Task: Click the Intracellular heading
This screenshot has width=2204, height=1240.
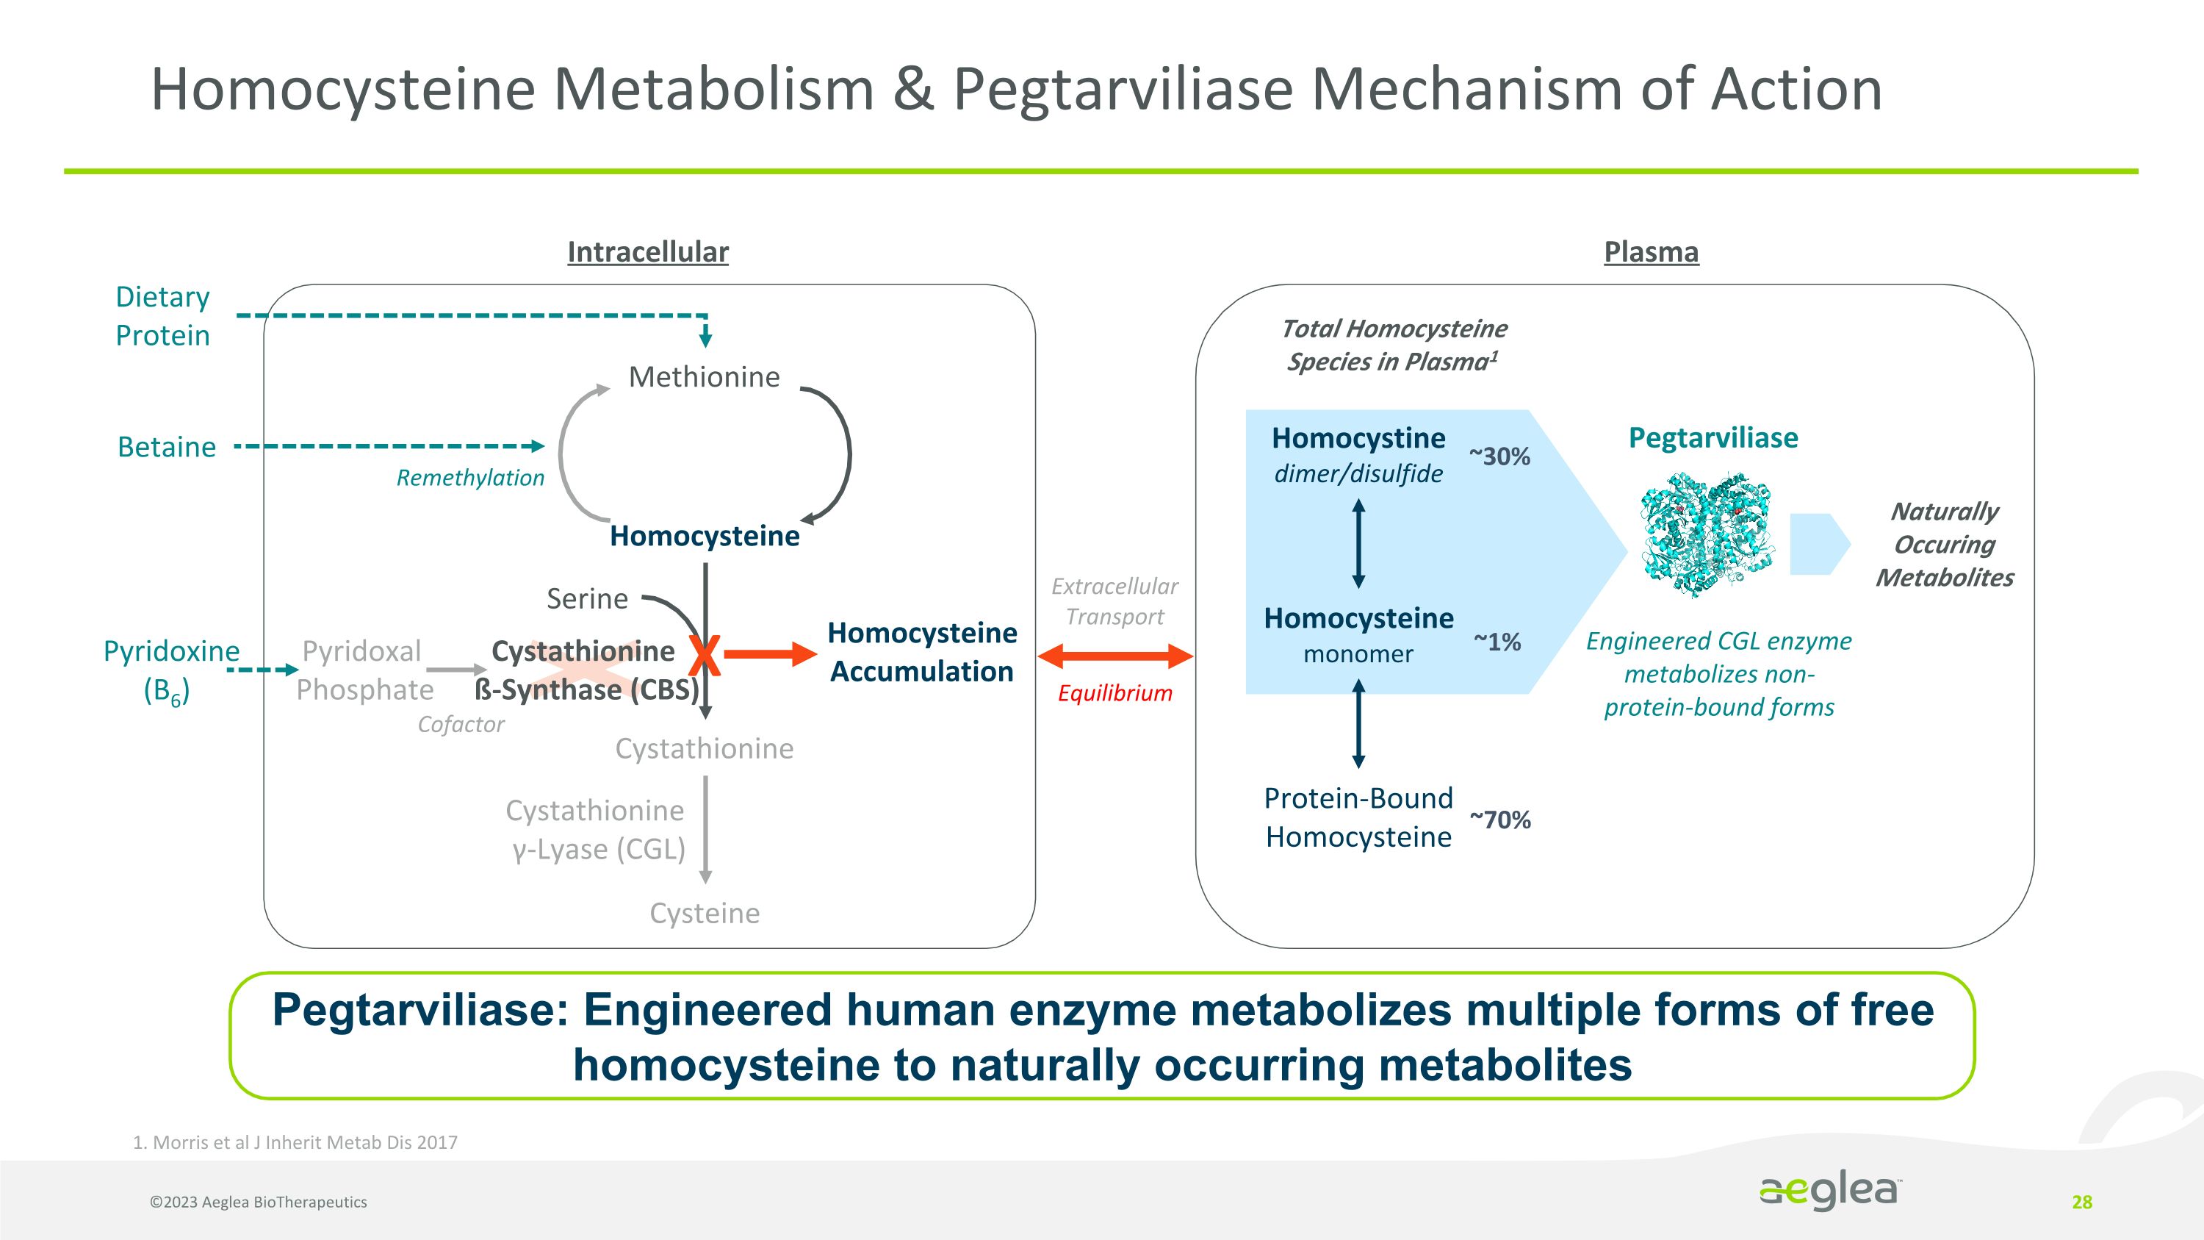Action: (648, 251)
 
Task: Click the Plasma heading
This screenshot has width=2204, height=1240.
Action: (1651, 251)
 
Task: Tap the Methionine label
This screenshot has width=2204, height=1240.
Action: (704, 376)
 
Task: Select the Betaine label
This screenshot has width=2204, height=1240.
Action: (167, 447)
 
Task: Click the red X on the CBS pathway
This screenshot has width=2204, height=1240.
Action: (704, 656)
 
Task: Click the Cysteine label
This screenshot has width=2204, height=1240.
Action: (704, 913)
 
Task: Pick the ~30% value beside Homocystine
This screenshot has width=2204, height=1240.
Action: (1499, 456)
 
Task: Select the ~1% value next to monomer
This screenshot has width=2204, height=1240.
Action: (1497, 642)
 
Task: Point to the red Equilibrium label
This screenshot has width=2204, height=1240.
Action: (1114, 693)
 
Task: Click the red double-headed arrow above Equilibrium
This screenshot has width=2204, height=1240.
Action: (1114, 656)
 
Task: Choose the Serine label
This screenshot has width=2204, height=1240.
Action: (587, 598)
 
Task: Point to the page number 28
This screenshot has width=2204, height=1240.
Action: (2081, 1203)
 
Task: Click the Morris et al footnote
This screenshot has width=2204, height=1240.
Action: (295, 1142)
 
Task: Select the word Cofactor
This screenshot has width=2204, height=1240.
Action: (461, 724)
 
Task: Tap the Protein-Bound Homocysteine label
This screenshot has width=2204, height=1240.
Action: (1358, 817)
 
